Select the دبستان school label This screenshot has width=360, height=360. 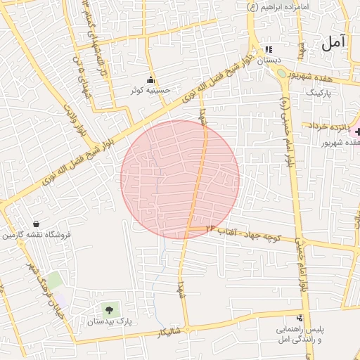point(269,60)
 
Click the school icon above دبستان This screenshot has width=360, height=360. point(269,50)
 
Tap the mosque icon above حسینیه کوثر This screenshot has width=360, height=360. point(150,80)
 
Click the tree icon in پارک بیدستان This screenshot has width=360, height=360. point(108,309)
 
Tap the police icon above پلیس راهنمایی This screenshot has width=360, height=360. point(300,319)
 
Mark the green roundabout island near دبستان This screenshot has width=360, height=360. point(281,72)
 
